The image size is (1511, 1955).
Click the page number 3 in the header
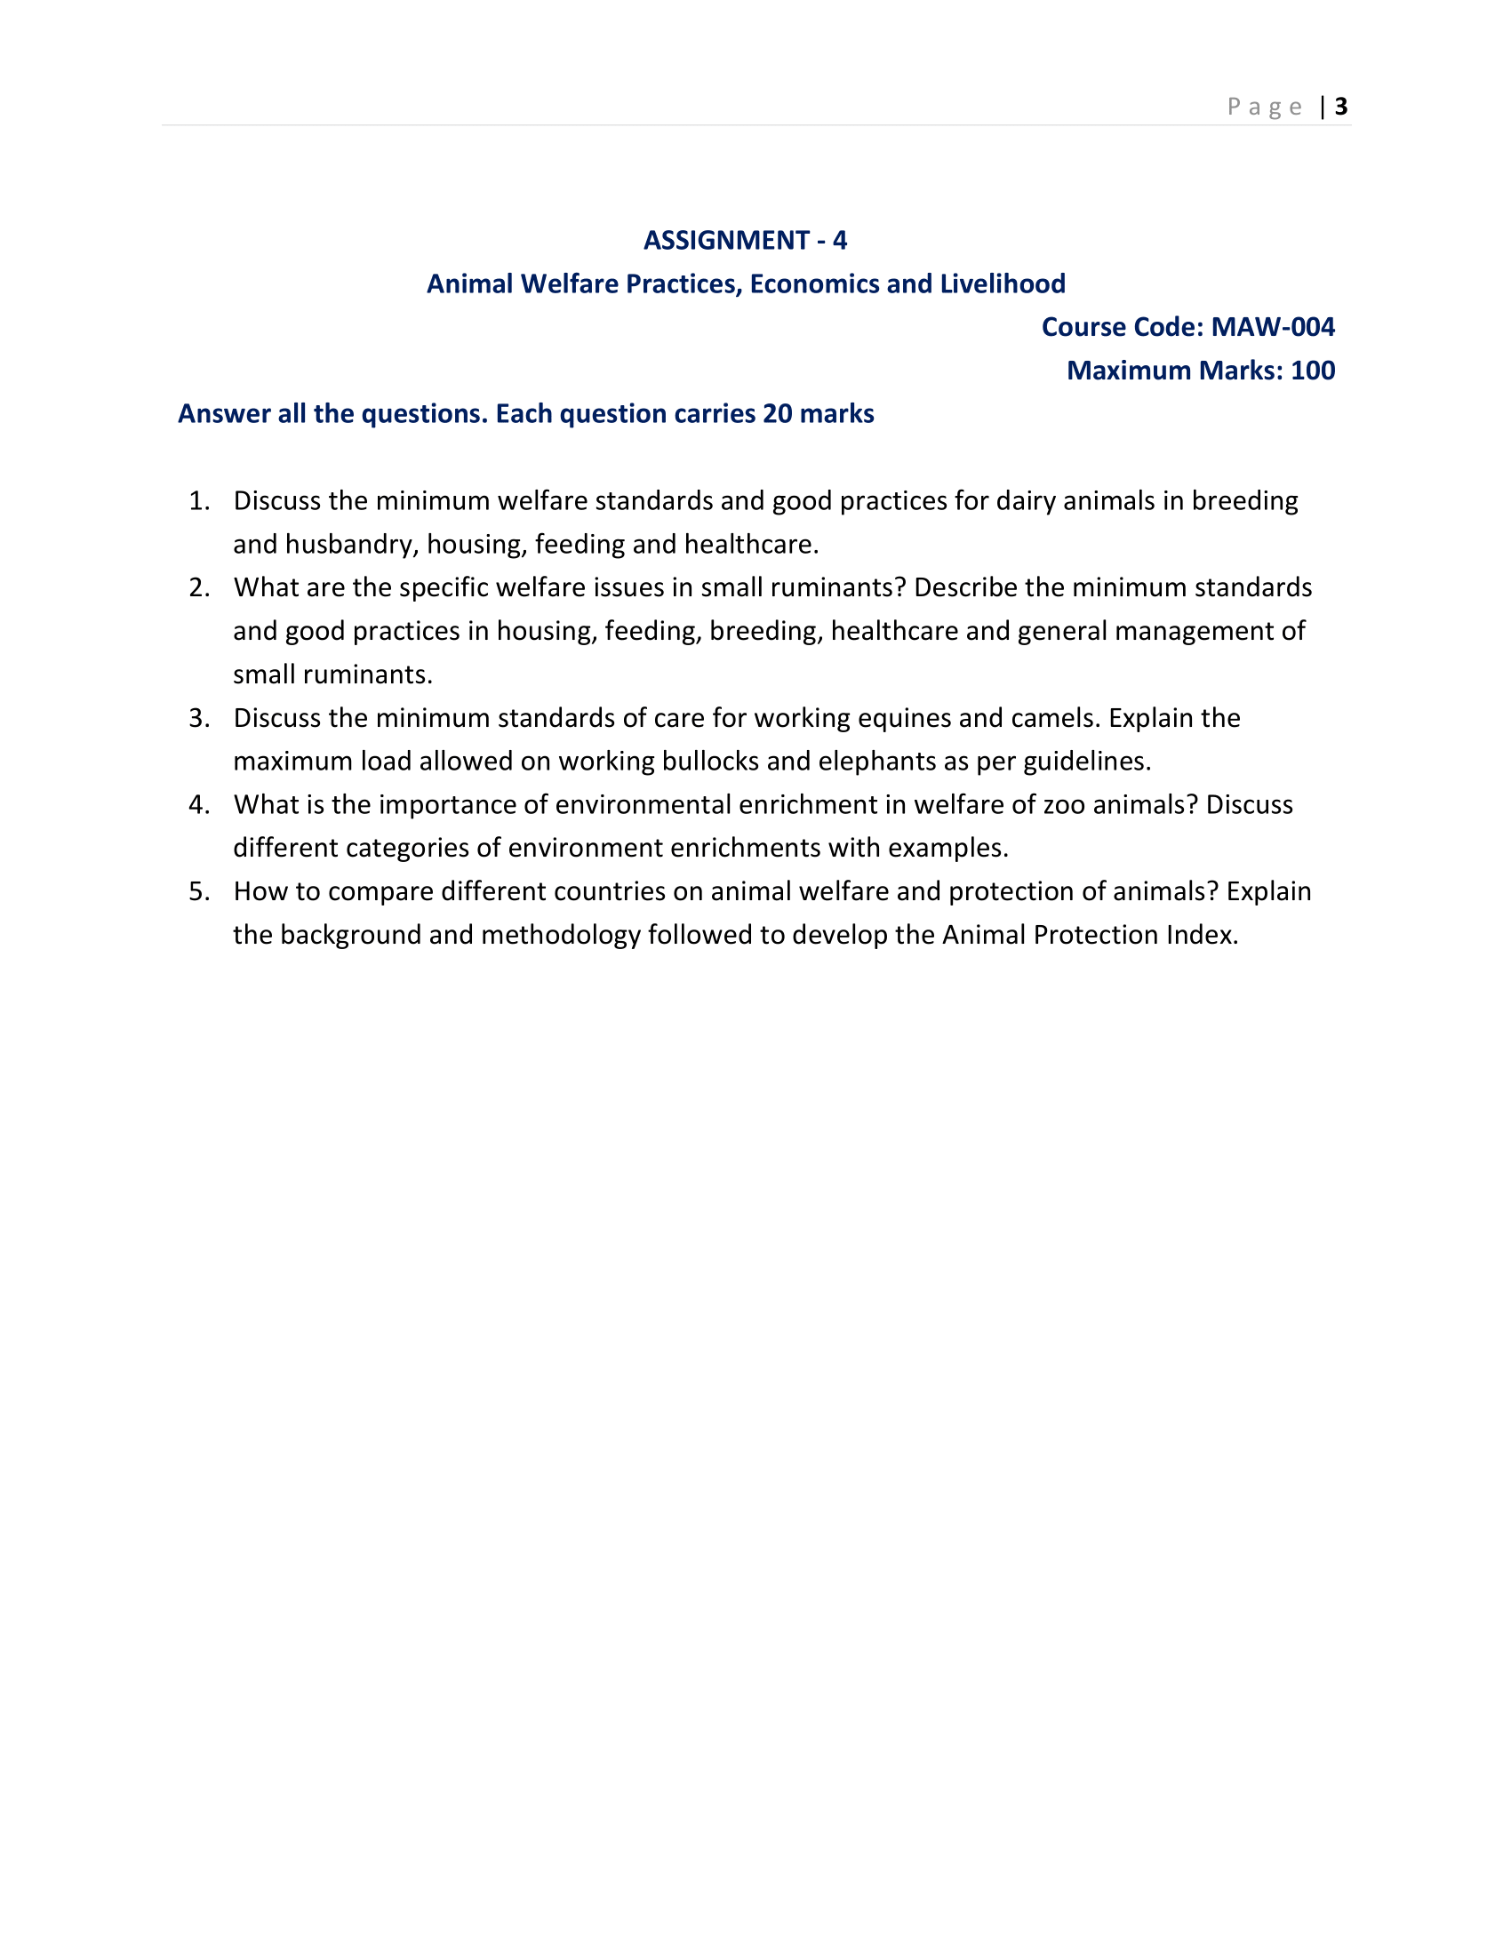1340,107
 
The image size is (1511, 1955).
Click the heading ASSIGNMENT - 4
745,240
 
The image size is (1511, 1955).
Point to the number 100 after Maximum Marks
1312,371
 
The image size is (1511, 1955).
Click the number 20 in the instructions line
777,413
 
